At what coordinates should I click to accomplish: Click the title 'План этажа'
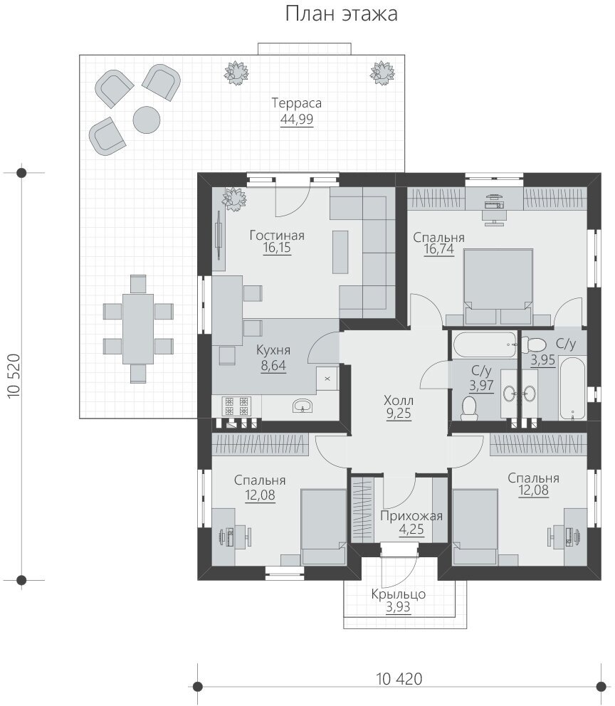pyautogui.click(x=341, y=14)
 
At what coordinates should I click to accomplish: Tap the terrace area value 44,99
pyautogui.click(x=297, y=120)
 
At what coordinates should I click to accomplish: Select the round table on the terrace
pyautogui.click(x=147, y=120)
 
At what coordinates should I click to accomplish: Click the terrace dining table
pyautogui.click(x=138, y=329)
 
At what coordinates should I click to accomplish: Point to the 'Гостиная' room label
pyautogui.click(x=278, y=236)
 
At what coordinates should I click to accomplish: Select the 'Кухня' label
pyautogui.click(x=273, y=350)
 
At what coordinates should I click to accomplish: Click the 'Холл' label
pyautogui.click(x=399, y=400)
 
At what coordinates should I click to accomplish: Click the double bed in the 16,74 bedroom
pyautogui.click(x=498, y=286)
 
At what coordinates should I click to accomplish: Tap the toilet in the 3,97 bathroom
pyautogui.click(x=470, y=408)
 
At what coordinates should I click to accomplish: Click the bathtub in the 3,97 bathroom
pyautogui.click(x=485, y=345)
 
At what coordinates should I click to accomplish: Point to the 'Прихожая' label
pyautogui.click(x=411, y=516)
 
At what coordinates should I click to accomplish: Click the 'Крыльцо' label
pyautogui.click(x=399, y=594)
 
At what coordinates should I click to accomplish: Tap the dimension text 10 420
pyautogui.click(x=399, y=678)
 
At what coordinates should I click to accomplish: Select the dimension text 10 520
pyautogui.click(x=14, y=376)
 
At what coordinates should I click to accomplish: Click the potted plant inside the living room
pyautogui.click(x=234, y=199)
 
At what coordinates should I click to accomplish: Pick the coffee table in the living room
pyautogui.click(x=340, y=252)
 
